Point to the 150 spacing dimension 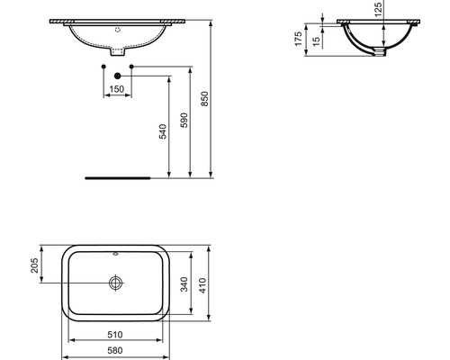point(116,89)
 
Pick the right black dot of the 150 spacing point(131,67)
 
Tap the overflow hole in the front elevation point(116,28)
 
